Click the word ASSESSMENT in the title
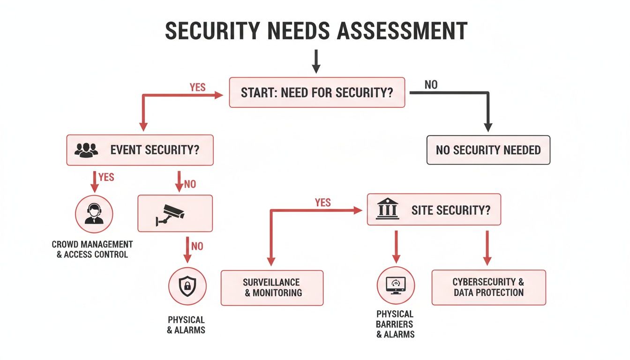(402, 30)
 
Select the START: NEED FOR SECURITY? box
(317, 92)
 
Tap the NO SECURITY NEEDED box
(488, 150)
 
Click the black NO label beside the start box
(431, 85)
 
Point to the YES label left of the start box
(197, 88)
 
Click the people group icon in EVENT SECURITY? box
(86, 150)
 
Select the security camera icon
(170, 215)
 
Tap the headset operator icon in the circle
(94, 214)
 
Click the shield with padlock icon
(187, 286)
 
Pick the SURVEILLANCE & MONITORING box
(272, 288)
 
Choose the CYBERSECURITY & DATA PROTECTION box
(488, 287)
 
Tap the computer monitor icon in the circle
(396, 285)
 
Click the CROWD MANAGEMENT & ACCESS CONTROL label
(92, 249)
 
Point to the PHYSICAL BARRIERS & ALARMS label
(395, 324)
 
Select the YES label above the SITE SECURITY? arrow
(322, 202)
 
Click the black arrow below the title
(316, 61)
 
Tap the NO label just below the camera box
(197, 247)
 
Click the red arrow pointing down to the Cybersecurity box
(487, 248)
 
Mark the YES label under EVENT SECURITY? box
(106, 177)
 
